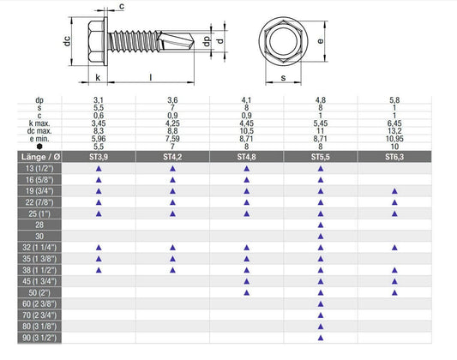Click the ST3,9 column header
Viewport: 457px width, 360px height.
(x=99, y=157)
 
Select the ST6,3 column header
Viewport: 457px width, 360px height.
(x=394, y=157)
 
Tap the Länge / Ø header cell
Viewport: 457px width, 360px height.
(x=40, y=157)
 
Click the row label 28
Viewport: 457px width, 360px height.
(x=39, y=225)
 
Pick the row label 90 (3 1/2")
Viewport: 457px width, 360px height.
(x=39, y=338)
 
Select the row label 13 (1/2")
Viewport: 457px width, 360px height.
(x=39, y=168)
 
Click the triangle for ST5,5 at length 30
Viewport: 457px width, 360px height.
(x=321, y=237)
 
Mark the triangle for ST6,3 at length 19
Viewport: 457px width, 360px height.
(x=394, y=191)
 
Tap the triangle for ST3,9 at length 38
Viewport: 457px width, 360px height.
(x=99, y=270)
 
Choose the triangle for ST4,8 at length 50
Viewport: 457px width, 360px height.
(x=247, y=293)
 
